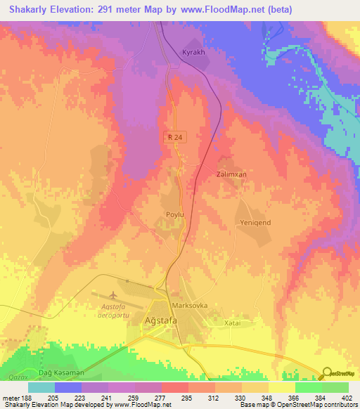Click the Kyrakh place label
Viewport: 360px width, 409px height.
click(194, 53)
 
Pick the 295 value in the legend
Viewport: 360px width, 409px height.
click(187, 398)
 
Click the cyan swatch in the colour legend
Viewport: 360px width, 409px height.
click(41, 387)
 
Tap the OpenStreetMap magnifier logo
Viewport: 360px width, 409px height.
click(328, 374)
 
